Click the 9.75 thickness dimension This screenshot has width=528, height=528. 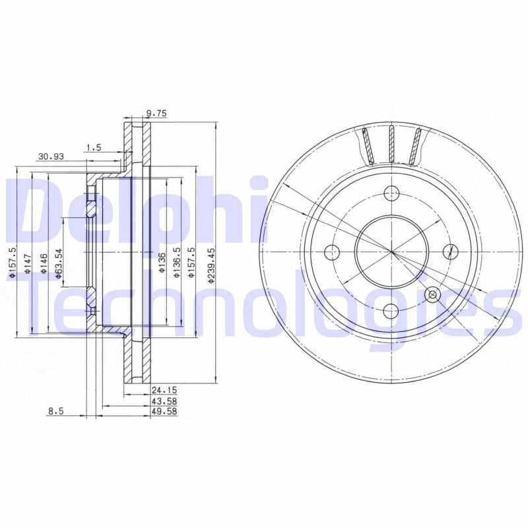(x=156, y=114)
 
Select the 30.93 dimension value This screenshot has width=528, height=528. (x=51, y=156)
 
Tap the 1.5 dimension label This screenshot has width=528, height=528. (x=93, y=148)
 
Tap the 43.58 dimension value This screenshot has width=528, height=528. (x=164, y=401)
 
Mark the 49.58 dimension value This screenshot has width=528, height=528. (x=164, y=412)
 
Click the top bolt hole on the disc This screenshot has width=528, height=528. (x=392, y=193)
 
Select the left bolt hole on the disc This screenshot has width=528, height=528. (x=333, y=251)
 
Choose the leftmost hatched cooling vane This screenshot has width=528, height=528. (x=368, y=146)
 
